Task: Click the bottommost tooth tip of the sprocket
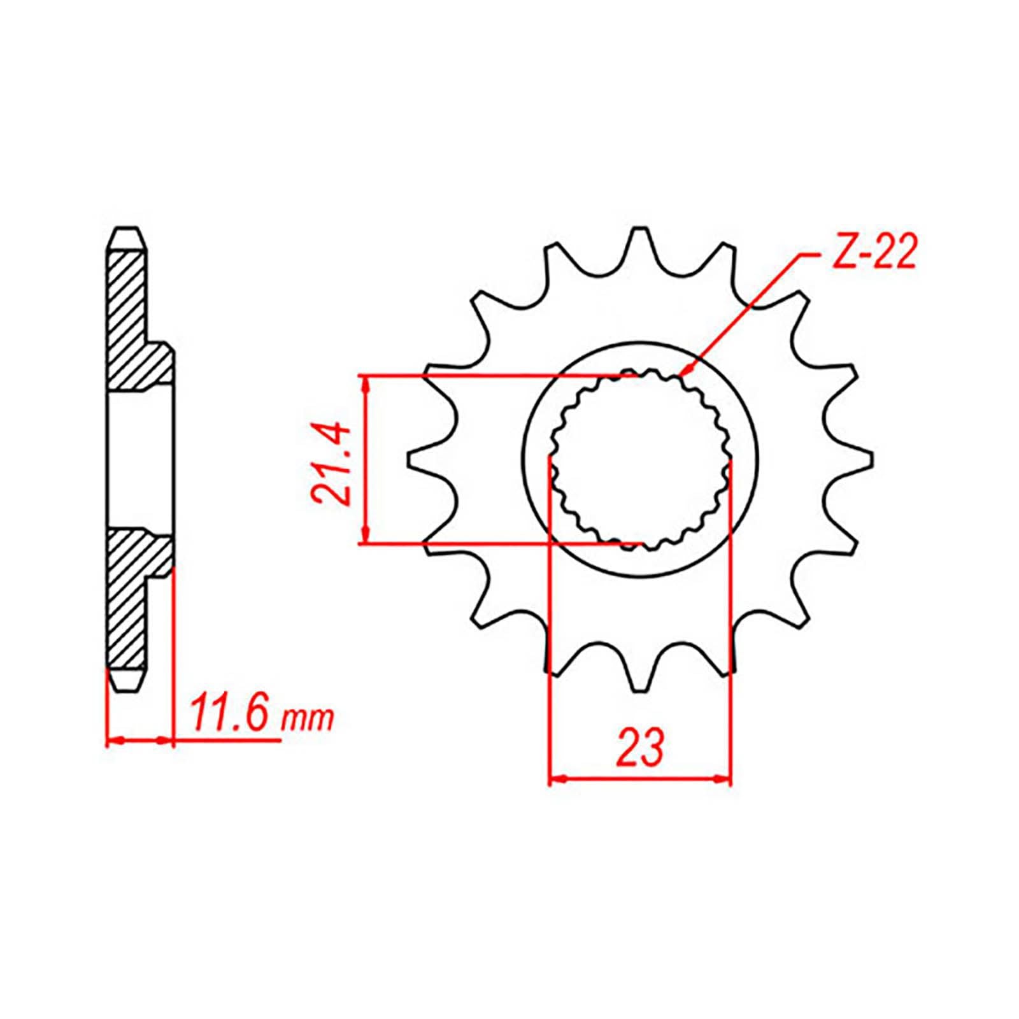point(639,689)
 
